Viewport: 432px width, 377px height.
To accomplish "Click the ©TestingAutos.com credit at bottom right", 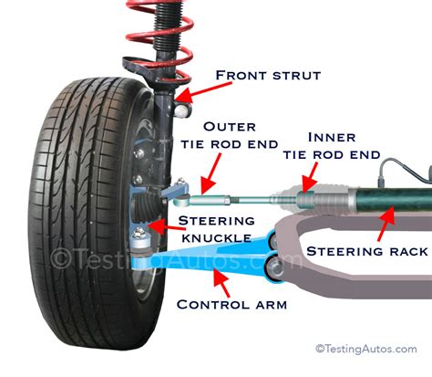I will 369,348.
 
